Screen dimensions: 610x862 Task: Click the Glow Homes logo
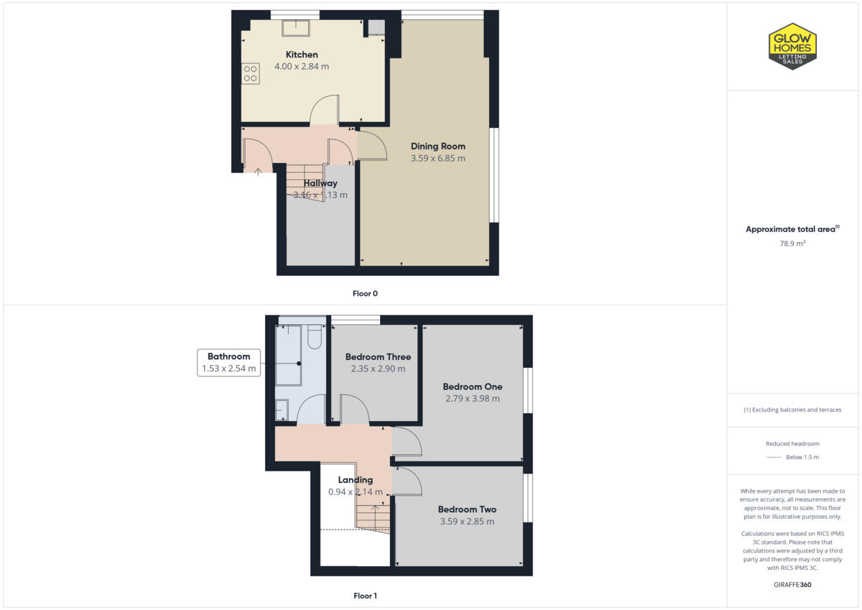tap(792, 46)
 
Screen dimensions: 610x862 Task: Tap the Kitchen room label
tap(302, 55)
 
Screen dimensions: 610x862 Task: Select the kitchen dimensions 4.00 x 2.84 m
tap(302, 66)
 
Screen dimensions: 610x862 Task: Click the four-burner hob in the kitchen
tap(250, 73)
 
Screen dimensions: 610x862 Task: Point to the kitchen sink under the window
tap(295, 27)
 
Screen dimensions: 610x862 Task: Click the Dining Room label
tap(437, 147)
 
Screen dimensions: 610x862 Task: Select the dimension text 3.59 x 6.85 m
tap(437, 158)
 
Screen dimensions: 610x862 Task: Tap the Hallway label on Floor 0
tap(320, 183)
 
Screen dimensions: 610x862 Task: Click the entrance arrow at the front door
tap(258, 171)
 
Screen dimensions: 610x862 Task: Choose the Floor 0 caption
tap(365, 293)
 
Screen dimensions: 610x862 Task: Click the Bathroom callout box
tap(228, 362)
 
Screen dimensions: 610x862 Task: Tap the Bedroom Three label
tap(378, 357)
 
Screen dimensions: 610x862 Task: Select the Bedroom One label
tap(472, 387)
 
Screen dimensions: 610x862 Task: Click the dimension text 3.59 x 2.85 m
tap(467, 521)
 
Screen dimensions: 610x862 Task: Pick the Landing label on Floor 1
tap(356, 480)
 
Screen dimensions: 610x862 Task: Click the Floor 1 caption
tap(365, 596)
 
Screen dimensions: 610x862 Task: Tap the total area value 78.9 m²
tap(792, 244)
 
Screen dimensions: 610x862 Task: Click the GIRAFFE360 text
tap(792, 585)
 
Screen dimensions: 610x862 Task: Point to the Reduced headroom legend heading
tap(792, 443)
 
